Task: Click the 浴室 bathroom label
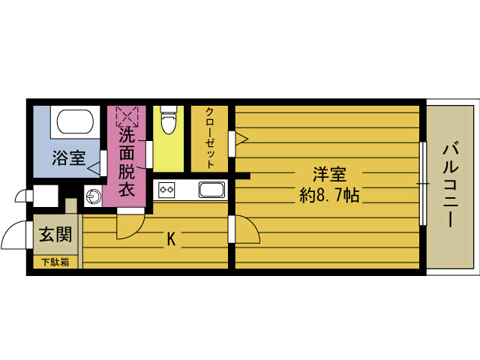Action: point(68,159)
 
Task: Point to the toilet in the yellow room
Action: point(169,120)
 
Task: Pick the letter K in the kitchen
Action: point(171,239)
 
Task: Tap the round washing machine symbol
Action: point(93,197)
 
